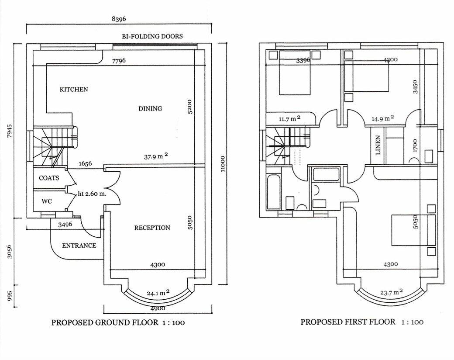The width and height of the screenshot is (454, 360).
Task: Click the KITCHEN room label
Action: pyautogui.click(x=74, y=90)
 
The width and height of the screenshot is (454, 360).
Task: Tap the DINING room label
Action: pyautogui.click(x=150, y=108)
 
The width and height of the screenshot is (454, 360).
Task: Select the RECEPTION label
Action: pyautogui.click(x=152, y=228)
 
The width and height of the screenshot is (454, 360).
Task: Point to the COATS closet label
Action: pyautogui.click(x=49, y=178)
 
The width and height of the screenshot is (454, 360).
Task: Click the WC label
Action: pyautogui.click(x=47, y=202)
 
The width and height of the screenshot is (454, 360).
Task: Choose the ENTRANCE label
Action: pyautogui.click(x=79, y=246)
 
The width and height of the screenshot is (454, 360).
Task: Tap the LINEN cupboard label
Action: pyautogui.click(x=378, y=145)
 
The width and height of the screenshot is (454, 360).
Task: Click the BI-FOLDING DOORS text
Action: pyautogui.click(x=152, y=36)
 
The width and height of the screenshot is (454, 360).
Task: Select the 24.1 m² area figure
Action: pyautogui.click(x=158, y=293)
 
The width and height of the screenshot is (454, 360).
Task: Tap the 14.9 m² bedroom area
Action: pyautogui.click(x=383, y=118)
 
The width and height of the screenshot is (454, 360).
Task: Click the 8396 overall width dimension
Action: pyautogui.click(x=119, y=19)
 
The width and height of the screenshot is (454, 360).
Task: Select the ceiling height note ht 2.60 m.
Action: pyautogui.click(x=93, y=194)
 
